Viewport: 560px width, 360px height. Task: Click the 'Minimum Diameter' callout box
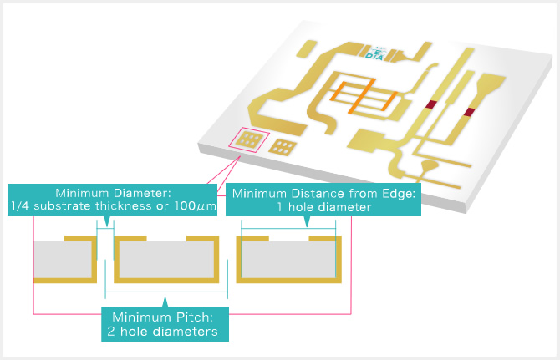pyautogui.click(x=112, y=200)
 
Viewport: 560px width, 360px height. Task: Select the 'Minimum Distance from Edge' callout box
pyautogui.click(x=323, y=200)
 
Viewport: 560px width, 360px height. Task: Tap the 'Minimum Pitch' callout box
pyautogui.click(x=165, y=324)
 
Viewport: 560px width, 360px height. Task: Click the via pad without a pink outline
pyautogui.click(x=283, y=147)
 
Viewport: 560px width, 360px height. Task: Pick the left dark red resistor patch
pyautogui.click(x=431, y=104)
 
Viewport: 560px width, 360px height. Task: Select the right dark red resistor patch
pyautogui.click(x=470, y=112)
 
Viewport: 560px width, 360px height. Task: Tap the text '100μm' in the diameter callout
pyautogui.click(x=196, y=206)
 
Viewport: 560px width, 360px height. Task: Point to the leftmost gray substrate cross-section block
pyautogui.click(x=63, y=260)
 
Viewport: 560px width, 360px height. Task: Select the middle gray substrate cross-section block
pyautogui.click(x=167, y=260)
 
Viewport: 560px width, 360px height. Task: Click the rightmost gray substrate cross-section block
pyautogui.click(x=288, y=260)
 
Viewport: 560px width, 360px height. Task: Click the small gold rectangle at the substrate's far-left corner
pyautogui.click(x=307, y=49)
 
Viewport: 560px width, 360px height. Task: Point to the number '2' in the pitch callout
pyautogui.click(x=111, y=332)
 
